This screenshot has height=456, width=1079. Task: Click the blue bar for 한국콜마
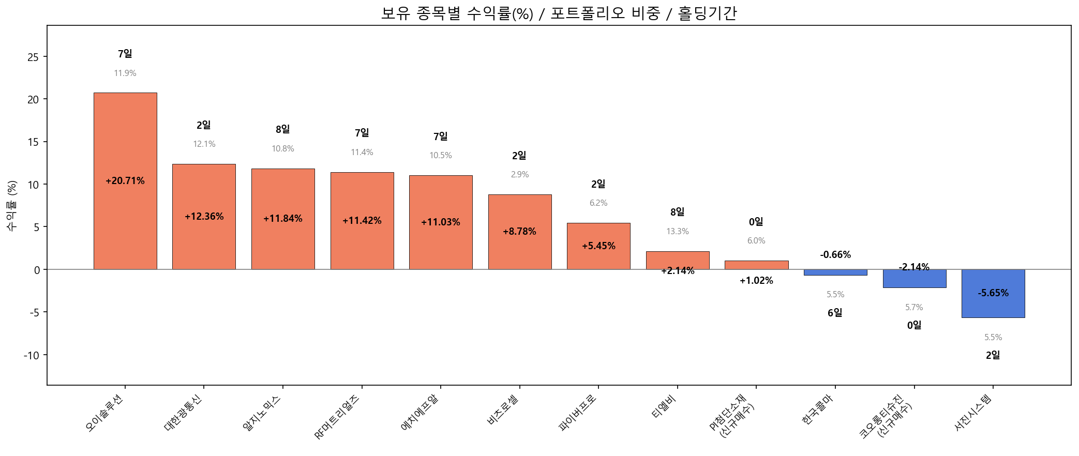coord(835,272)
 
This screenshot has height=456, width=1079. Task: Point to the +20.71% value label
coord(125,181)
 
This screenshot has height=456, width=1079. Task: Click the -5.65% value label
coord(993,293)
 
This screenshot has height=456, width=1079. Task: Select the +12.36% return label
coord(204,217)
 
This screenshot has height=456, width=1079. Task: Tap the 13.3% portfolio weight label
coord(677,232)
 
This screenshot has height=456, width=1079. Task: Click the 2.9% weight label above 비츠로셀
coord(519,175)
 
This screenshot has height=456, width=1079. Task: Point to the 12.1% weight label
coord(204,144)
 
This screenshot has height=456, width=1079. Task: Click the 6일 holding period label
coord(835,313)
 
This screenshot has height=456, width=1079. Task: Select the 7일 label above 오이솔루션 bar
coord(125,54)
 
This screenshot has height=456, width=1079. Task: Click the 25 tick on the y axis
coord(33,57)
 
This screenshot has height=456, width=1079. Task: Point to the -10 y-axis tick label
coord(31,355)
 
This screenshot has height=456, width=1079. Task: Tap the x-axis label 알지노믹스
coord(262,413)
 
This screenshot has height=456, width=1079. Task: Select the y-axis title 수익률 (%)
coord(11,205)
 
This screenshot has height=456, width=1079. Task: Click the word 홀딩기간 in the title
coord(707,13)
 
